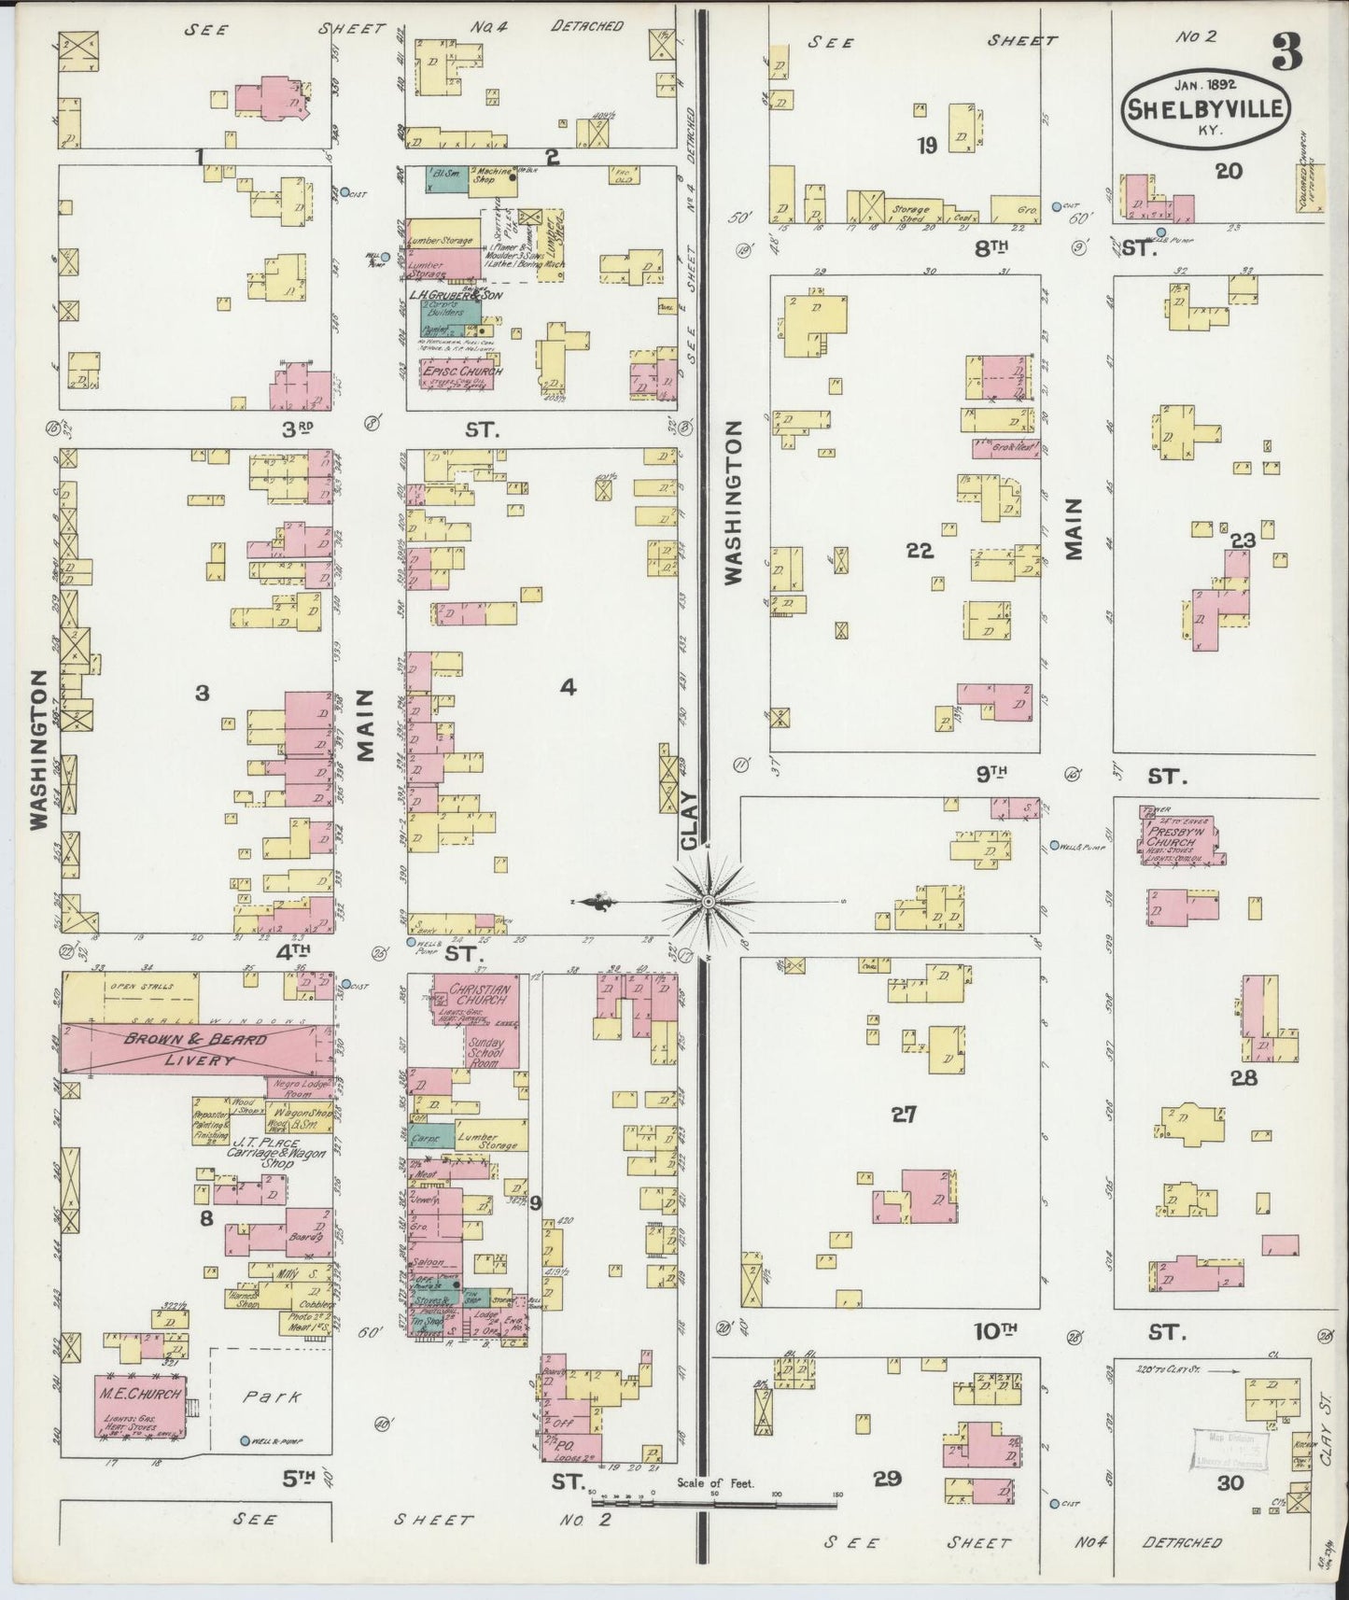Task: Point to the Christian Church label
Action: tap(480, 994)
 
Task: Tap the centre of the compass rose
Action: tap(709, 901)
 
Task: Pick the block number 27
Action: tap(903, 1114)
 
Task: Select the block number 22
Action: tap(920, 551)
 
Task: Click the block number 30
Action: tap(1230, 1481)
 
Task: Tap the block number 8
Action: tap(205, 1217)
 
